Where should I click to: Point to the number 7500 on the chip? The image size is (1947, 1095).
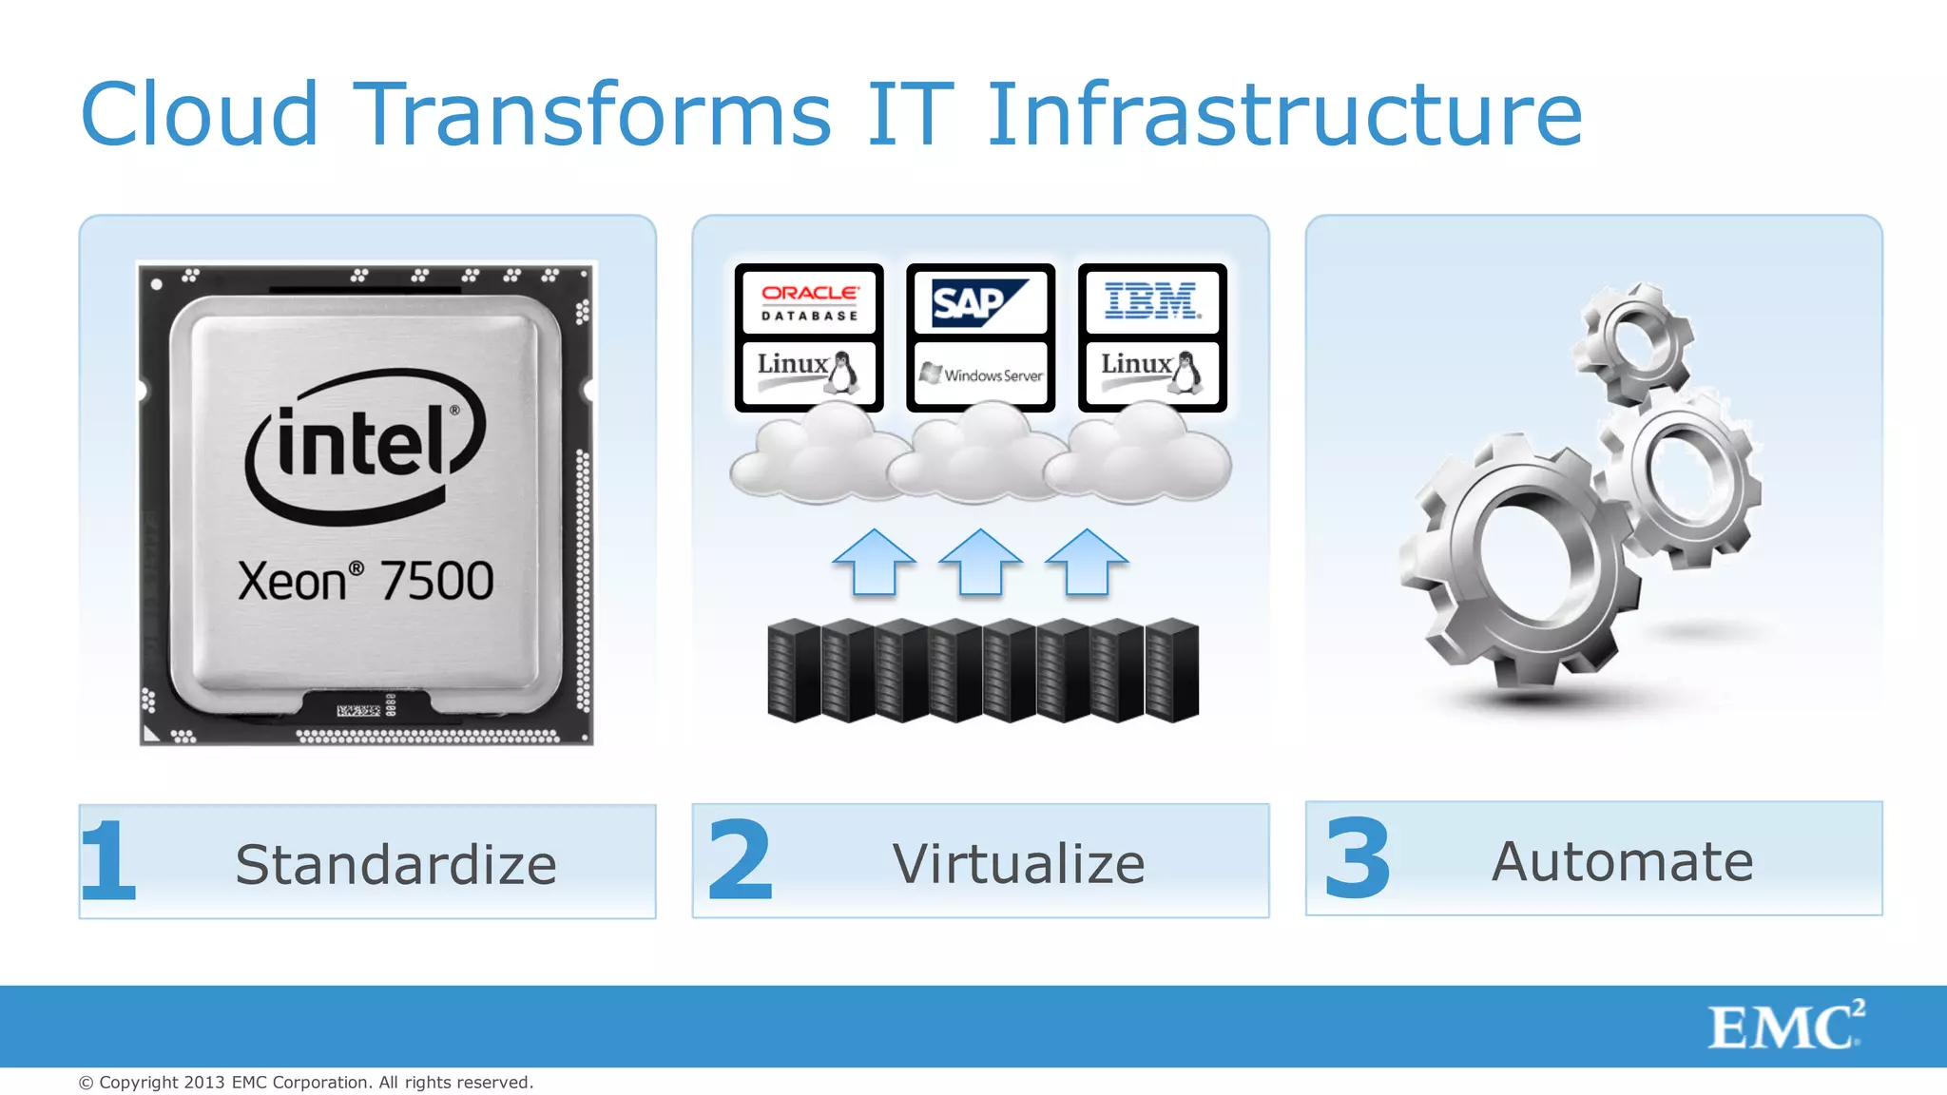[436, 581]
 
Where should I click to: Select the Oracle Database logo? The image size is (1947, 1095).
[809, 301]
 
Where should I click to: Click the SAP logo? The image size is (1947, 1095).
[980, 302]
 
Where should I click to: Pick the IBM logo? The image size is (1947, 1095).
[1152, 301]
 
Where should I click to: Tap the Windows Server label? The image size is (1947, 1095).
[981, 374]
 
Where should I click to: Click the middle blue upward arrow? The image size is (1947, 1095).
[980, 563]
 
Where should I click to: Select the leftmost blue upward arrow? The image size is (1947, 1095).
[874, 563]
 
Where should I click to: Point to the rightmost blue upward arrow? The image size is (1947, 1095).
[1087, 563]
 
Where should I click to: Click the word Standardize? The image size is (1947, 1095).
[395, 864]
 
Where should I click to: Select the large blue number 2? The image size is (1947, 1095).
[741, 860]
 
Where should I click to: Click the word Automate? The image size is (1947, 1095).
[1622, 861]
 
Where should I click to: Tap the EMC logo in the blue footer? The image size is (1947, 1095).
[1785, 1026]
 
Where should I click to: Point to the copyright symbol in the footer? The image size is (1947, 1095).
[87, 1083]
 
